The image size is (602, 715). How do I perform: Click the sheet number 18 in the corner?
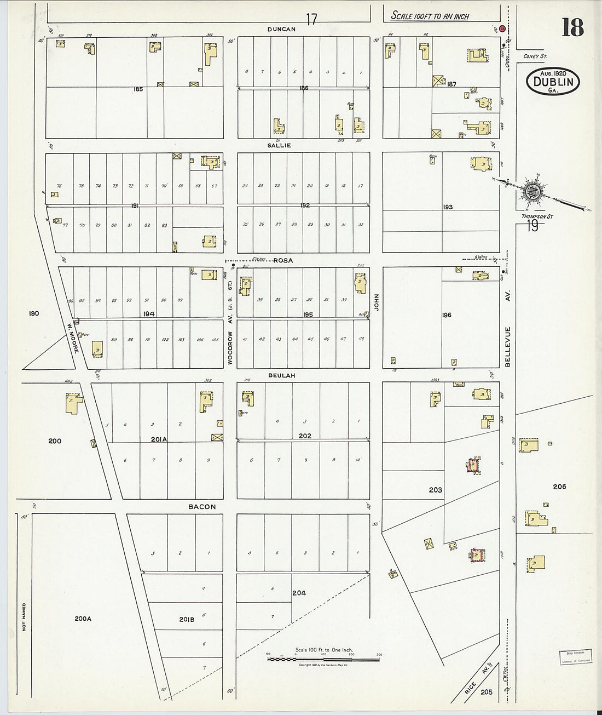[x=572, y=27]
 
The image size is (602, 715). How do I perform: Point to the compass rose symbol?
[x=532, y=190]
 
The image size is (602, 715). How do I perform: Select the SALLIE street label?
[x=279, y=146]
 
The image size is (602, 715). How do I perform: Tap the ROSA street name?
[x=283, y=260]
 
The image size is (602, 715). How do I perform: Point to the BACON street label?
[x=202, y=507]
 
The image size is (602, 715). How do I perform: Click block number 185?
[x=138, y=89]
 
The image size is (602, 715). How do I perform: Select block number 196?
[x=447, y=315]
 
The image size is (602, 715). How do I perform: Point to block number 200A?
[x=83, y=619]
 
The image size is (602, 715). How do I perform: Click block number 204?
[x=299, y=592]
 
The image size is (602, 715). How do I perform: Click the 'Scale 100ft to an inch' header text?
[x=430, y=16]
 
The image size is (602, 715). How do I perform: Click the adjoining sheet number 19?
[x=532, y=226]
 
